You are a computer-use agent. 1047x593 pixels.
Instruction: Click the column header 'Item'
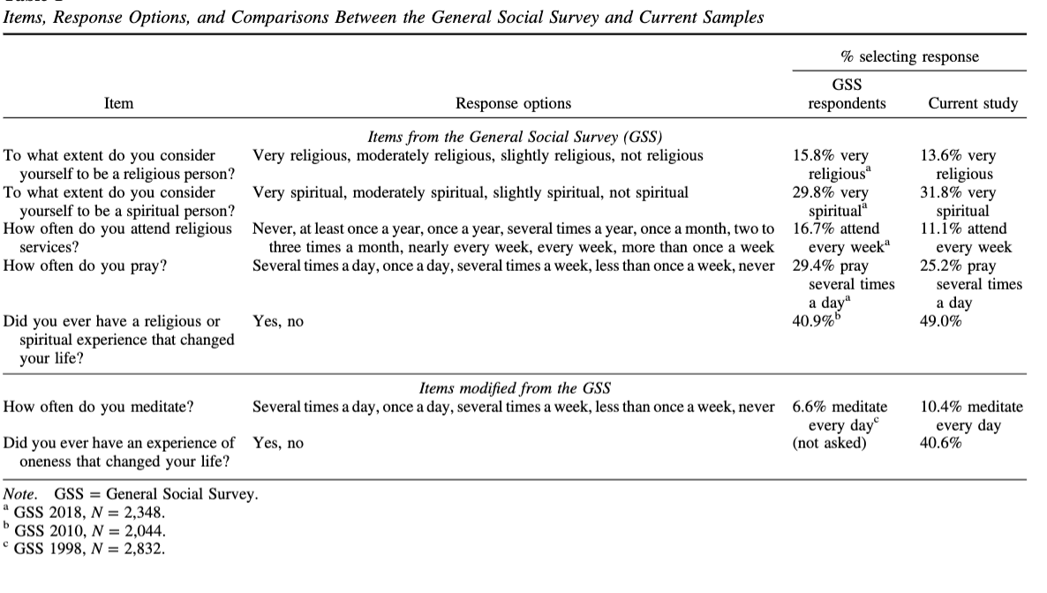118,104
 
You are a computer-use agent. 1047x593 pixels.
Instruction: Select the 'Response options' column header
513,104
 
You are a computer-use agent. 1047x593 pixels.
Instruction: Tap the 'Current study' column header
973,104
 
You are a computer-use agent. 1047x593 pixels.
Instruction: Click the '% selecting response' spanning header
910,56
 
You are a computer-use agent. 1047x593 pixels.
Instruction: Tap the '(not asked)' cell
829,443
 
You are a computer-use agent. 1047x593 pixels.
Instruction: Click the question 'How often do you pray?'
86,266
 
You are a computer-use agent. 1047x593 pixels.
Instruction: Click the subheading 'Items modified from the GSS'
513,388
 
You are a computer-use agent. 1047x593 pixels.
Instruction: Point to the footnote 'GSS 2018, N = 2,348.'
89,513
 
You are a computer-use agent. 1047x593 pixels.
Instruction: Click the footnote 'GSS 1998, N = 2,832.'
89,548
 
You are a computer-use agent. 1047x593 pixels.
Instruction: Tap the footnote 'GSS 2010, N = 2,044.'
89,530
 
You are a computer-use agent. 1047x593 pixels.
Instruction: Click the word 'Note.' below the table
22,494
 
